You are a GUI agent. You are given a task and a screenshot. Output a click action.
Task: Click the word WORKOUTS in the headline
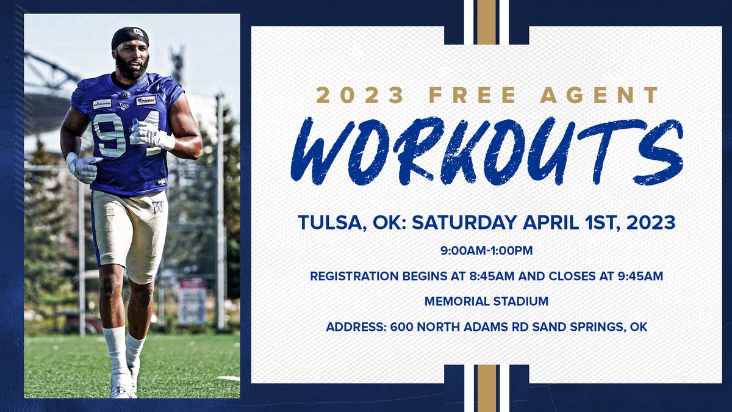[x=486, y=151]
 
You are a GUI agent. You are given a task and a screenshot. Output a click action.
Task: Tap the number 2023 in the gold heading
[x=359, y=95]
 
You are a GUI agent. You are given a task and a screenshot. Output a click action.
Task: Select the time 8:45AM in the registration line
[x=484, y=276]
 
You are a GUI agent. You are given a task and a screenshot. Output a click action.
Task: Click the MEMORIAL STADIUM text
[x=486, y=302]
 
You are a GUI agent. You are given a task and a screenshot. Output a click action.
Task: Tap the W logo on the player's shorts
[x=158, y=206]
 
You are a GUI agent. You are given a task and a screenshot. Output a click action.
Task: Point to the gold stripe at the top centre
[x=486, y=22]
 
